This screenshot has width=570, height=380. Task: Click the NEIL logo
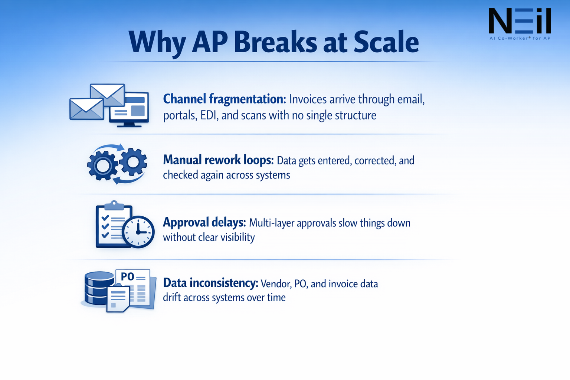coord(520,22)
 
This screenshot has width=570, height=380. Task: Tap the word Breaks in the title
coord(275,42)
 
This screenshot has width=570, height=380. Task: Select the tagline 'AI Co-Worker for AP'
coord(520,38)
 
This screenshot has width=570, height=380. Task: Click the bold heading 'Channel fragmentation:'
coord(225,99)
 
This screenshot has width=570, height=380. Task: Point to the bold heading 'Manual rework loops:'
coord(218,160)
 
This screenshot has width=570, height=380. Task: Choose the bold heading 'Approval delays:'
coord(204,222)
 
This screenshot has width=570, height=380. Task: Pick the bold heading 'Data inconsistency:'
coord(210,283)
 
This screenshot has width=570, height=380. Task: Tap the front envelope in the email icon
coord(86,109)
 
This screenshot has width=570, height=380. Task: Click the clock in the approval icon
coord(138,232)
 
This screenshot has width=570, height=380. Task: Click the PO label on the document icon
coord(127,276)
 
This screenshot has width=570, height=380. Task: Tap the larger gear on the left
coord(102,166)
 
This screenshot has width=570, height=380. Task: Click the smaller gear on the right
coord(133,162)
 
